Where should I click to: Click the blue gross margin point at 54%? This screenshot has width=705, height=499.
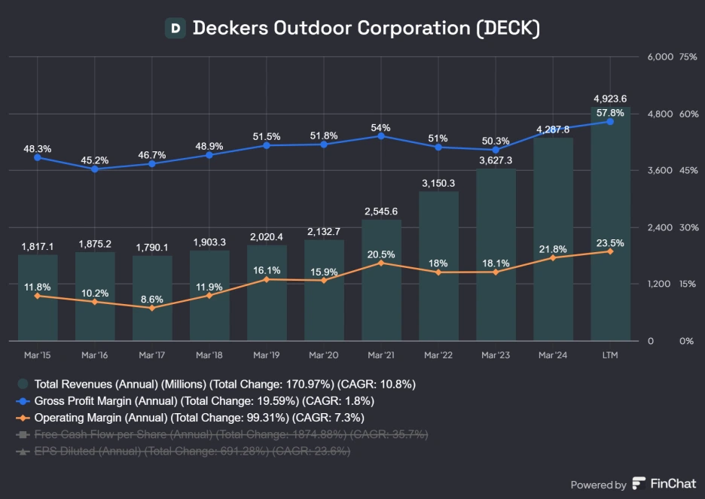[381, 136]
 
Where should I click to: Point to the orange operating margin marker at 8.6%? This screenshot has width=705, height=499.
[152, 308]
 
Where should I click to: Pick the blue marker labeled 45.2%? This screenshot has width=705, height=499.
[95, 169]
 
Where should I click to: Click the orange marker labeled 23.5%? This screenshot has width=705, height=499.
[610, 251]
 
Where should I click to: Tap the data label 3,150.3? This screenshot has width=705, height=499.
[438, 183]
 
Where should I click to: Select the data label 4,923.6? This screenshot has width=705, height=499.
[610, 99]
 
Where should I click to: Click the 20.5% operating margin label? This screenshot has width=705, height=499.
[381, 254]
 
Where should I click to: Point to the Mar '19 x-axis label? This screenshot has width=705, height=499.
[267, 354]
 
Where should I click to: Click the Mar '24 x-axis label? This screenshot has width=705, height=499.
[553, 354]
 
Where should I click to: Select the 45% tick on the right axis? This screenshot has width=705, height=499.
[686, 171]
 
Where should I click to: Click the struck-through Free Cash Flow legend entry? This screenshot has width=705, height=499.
[222, 434]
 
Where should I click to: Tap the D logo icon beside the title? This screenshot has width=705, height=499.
[175, 29]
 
